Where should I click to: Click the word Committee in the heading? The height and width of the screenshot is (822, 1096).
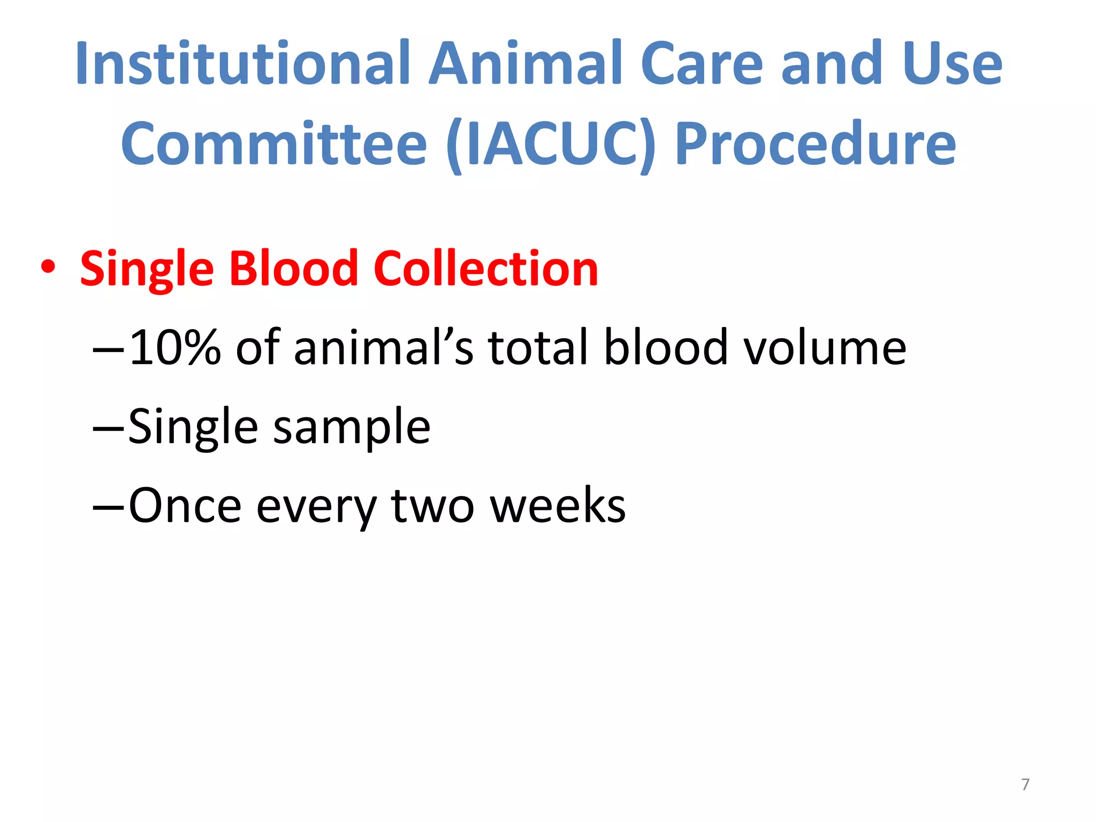[x=273, y=143]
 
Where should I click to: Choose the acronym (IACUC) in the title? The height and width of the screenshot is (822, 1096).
[x=551, y=143]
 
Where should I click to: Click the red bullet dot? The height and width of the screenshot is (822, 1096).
[x=48, y=267]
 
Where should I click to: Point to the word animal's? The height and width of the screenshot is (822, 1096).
[x=383, y=347]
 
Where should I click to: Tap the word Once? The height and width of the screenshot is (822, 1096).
[x=185, y=505]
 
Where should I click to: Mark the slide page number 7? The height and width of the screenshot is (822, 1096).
[x=1025, y=785]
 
